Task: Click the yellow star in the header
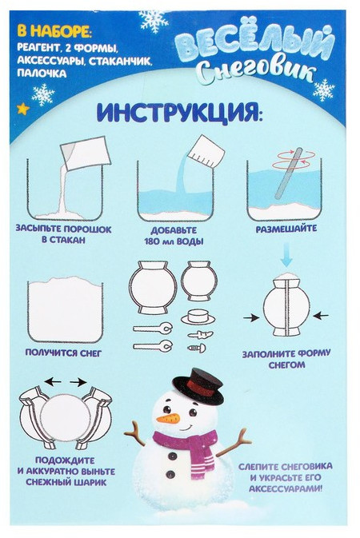[23, 109]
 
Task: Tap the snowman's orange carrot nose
[168, 418]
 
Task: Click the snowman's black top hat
[198, 385]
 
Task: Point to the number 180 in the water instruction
[153, 241]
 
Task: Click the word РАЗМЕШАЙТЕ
[286, 228]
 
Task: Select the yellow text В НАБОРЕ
[55, 31]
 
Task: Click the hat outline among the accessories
[198, 316]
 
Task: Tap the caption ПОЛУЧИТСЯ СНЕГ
[63, 353]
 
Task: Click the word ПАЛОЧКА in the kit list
[42, 73]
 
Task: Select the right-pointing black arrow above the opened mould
[78, 381]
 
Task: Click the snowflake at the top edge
[154, 21]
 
